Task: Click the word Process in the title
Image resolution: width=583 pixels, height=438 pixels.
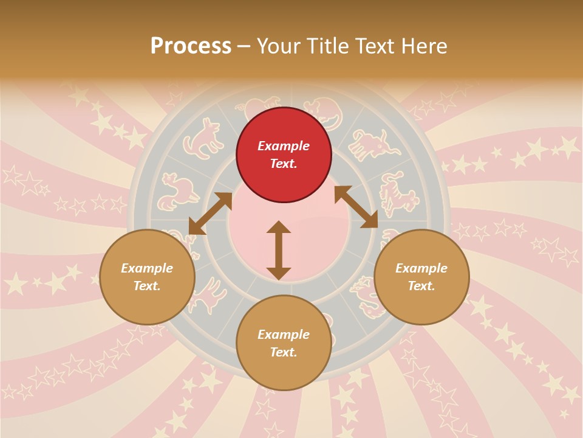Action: tap(191, 46)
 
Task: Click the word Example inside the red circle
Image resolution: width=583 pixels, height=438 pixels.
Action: tap(284, 146)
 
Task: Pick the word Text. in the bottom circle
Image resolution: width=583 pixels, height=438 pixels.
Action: tap(284, 352)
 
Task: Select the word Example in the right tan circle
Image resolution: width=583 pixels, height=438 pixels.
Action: tap(421, 268)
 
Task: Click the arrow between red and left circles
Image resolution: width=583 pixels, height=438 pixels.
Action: tap(210, 214)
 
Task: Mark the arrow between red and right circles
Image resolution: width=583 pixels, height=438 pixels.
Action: tap(356, 207)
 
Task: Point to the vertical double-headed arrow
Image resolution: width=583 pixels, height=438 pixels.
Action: tap(279, 250)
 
